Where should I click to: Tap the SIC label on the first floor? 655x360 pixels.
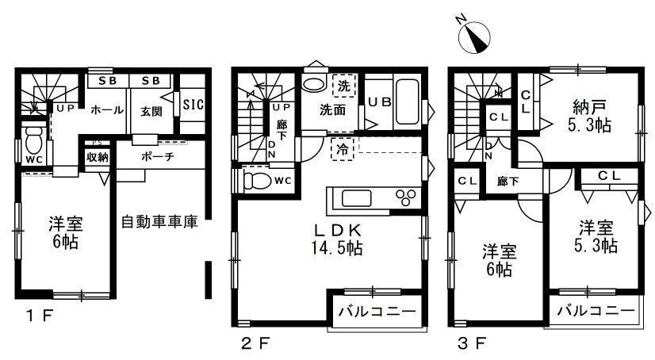coord(193,103)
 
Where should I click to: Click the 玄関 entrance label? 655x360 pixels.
coord(151,111)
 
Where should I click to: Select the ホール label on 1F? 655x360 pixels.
coord(105,110)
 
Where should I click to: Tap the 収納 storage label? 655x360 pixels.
coord(97,157)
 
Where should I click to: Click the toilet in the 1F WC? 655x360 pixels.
coord(33,141)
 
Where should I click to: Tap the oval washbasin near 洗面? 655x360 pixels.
coord(314,86)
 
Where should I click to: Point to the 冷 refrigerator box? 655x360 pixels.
coord(341,148)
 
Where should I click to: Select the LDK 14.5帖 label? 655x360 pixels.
coord(338,239)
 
